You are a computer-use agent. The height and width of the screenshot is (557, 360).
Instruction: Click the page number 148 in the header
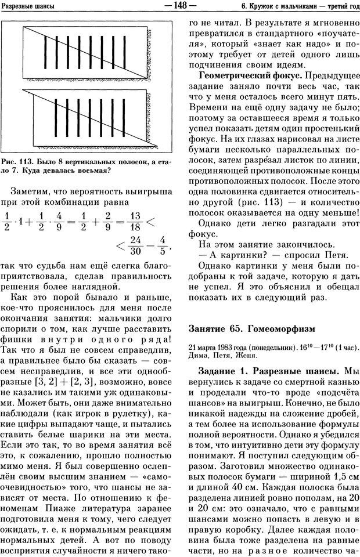181,6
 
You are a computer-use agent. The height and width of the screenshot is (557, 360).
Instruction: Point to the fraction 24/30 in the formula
136,247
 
